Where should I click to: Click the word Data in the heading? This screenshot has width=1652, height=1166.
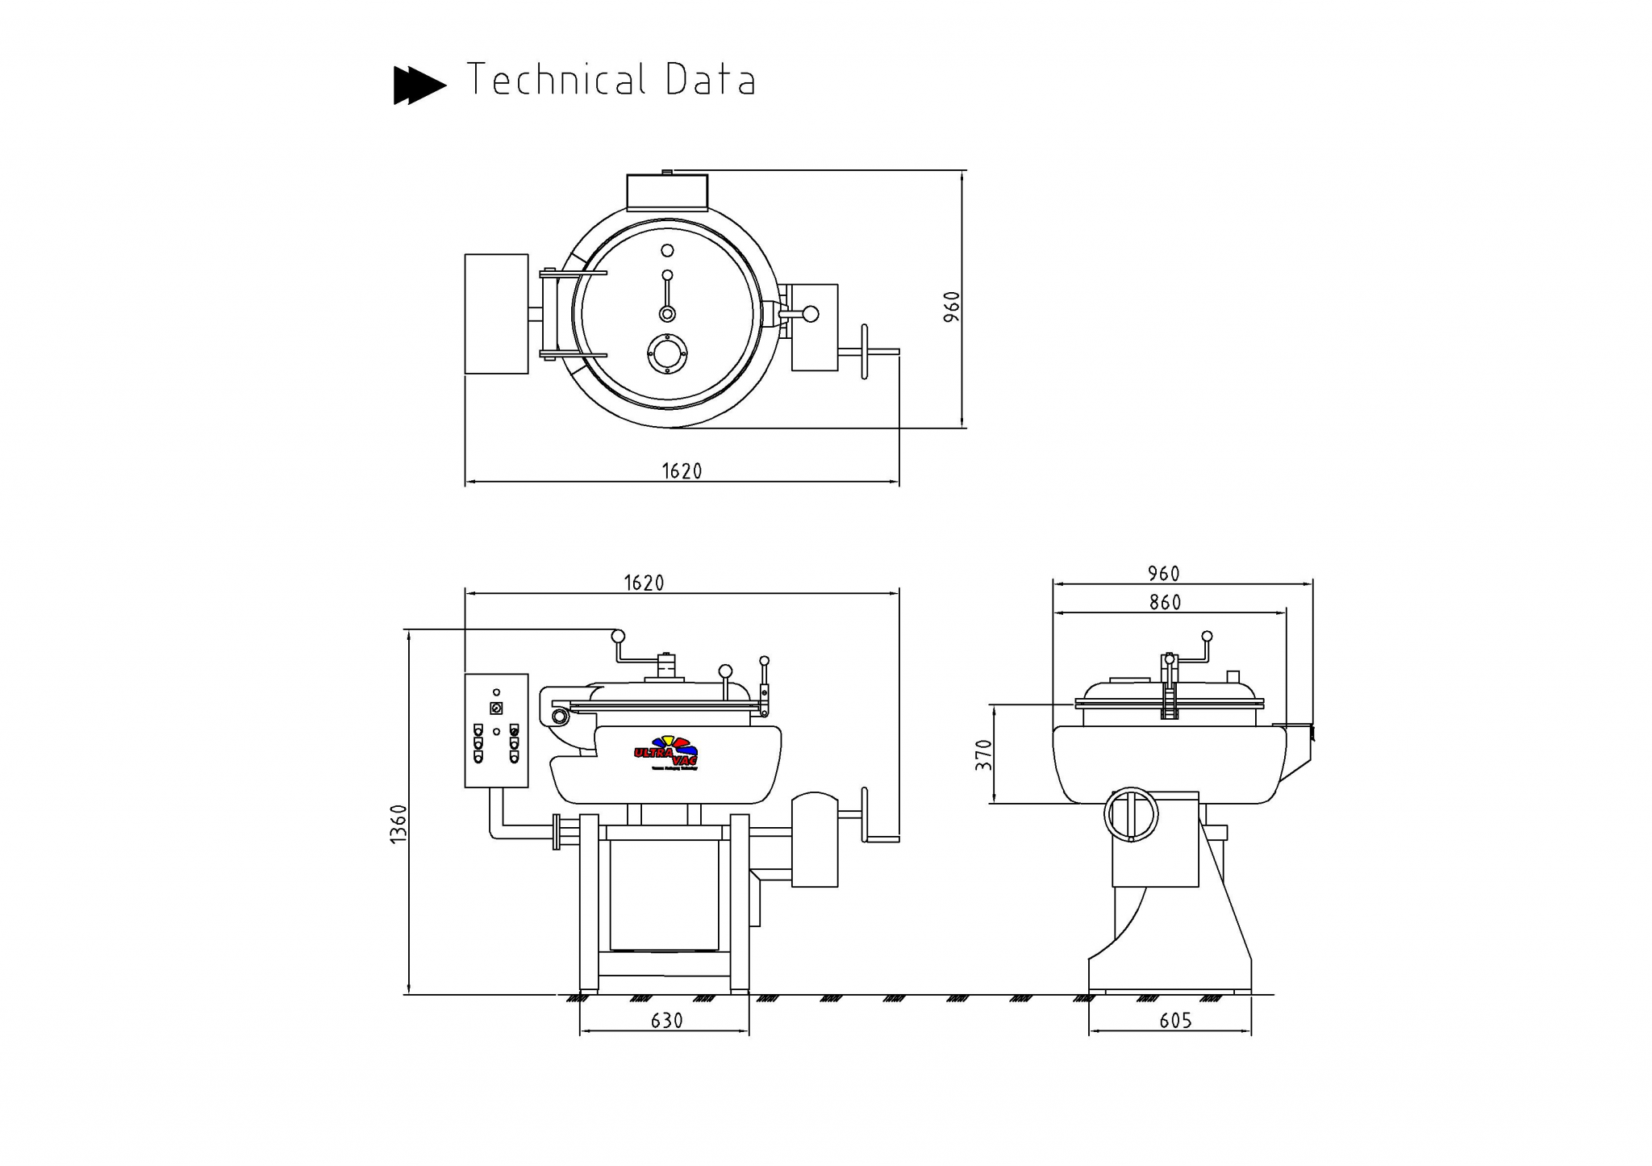click(x=711, y=80)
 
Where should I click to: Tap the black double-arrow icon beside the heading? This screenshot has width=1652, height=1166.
click(x=419, y=85)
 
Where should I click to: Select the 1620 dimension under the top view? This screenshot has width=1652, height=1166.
click(x=682, y=471)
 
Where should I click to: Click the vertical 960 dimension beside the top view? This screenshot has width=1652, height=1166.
click(x=953, y=307)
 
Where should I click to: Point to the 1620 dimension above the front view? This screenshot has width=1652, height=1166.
click(x=644, y=583)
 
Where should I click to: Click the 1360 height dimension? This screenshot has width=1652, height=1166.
click(x=398, y=824)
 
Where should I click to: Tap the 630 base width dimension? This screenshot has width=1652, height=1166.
click(x=666, y=1021)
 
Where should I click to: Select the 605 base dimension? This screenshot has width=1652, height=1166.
click(x=1175, y=1021)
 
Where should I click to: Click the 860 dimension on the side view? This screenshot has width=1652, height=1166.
click(x=1165, y=602)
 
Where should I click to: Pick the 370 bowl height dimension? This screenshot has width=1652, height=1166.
click(x=983, y=754)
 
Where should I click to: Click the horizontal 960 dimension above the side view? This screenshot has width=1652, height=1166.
click(x=1163, y=574)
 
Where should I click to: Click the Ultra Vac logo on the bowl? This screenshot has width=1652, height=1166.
click(x=666, y=753)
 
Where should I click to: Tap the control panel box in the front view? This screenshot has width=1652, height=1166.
click(x=496, y=730)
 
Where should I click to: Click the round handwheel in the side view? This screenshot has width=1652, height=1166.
click(x=1131, y=814)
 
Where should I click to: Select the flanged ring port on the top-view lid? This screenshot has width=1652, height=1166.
click(x=668, y=353)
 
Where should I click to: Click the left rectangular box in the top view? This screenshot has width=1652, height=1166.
click(x=496, y=314)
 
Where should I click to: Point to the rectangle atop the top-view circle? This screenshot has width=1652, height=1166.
click(x=667, y=191)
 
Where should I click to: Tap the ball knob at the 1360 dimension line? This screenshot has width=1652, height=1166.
click(x=618, y=636)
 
